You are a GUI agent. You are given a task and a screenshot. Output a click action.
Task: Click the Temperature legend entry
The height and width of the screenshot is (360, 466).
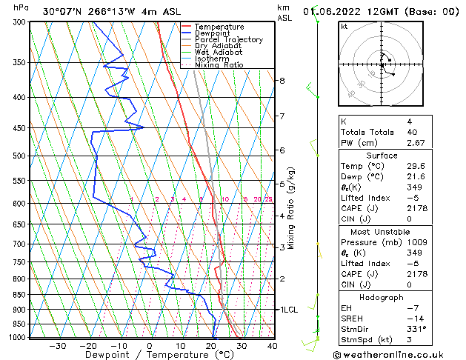pyautogui.click(x=219, y=27)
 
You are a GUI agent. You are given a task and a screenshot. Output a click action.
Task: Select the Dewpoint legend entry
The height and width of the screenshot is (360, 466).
pyautogui.click(x=213, y=33)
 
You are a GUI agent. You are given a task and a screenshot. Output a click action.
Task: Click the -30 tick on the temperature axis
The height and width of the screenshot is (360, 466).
pyautogui.click(x=58, y=345)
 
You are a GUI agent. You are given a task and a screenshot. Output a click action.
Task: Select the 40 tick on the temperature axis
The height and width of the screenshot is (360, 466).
pyautogui.click(x=272, y=345)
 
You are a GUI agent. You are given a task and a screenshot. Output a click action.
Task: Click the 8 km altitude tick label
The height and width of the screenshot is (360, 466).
pyautogui.click(x=282, y=80)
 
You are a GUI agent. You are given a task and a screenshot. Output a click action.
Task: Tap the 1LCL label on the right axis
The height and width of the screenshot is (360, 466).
pyautogui.click(x=287, y=310)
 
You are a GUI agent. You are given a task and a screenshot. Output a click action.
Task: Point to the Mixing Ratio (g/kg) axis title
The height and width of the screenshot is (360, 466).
pyautogui.click(x=292, y=208)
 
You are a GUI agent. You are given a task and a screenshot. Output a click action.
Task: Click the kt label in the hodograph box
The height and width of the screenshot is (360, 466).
pyautogui.click(x=344, y=26)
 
